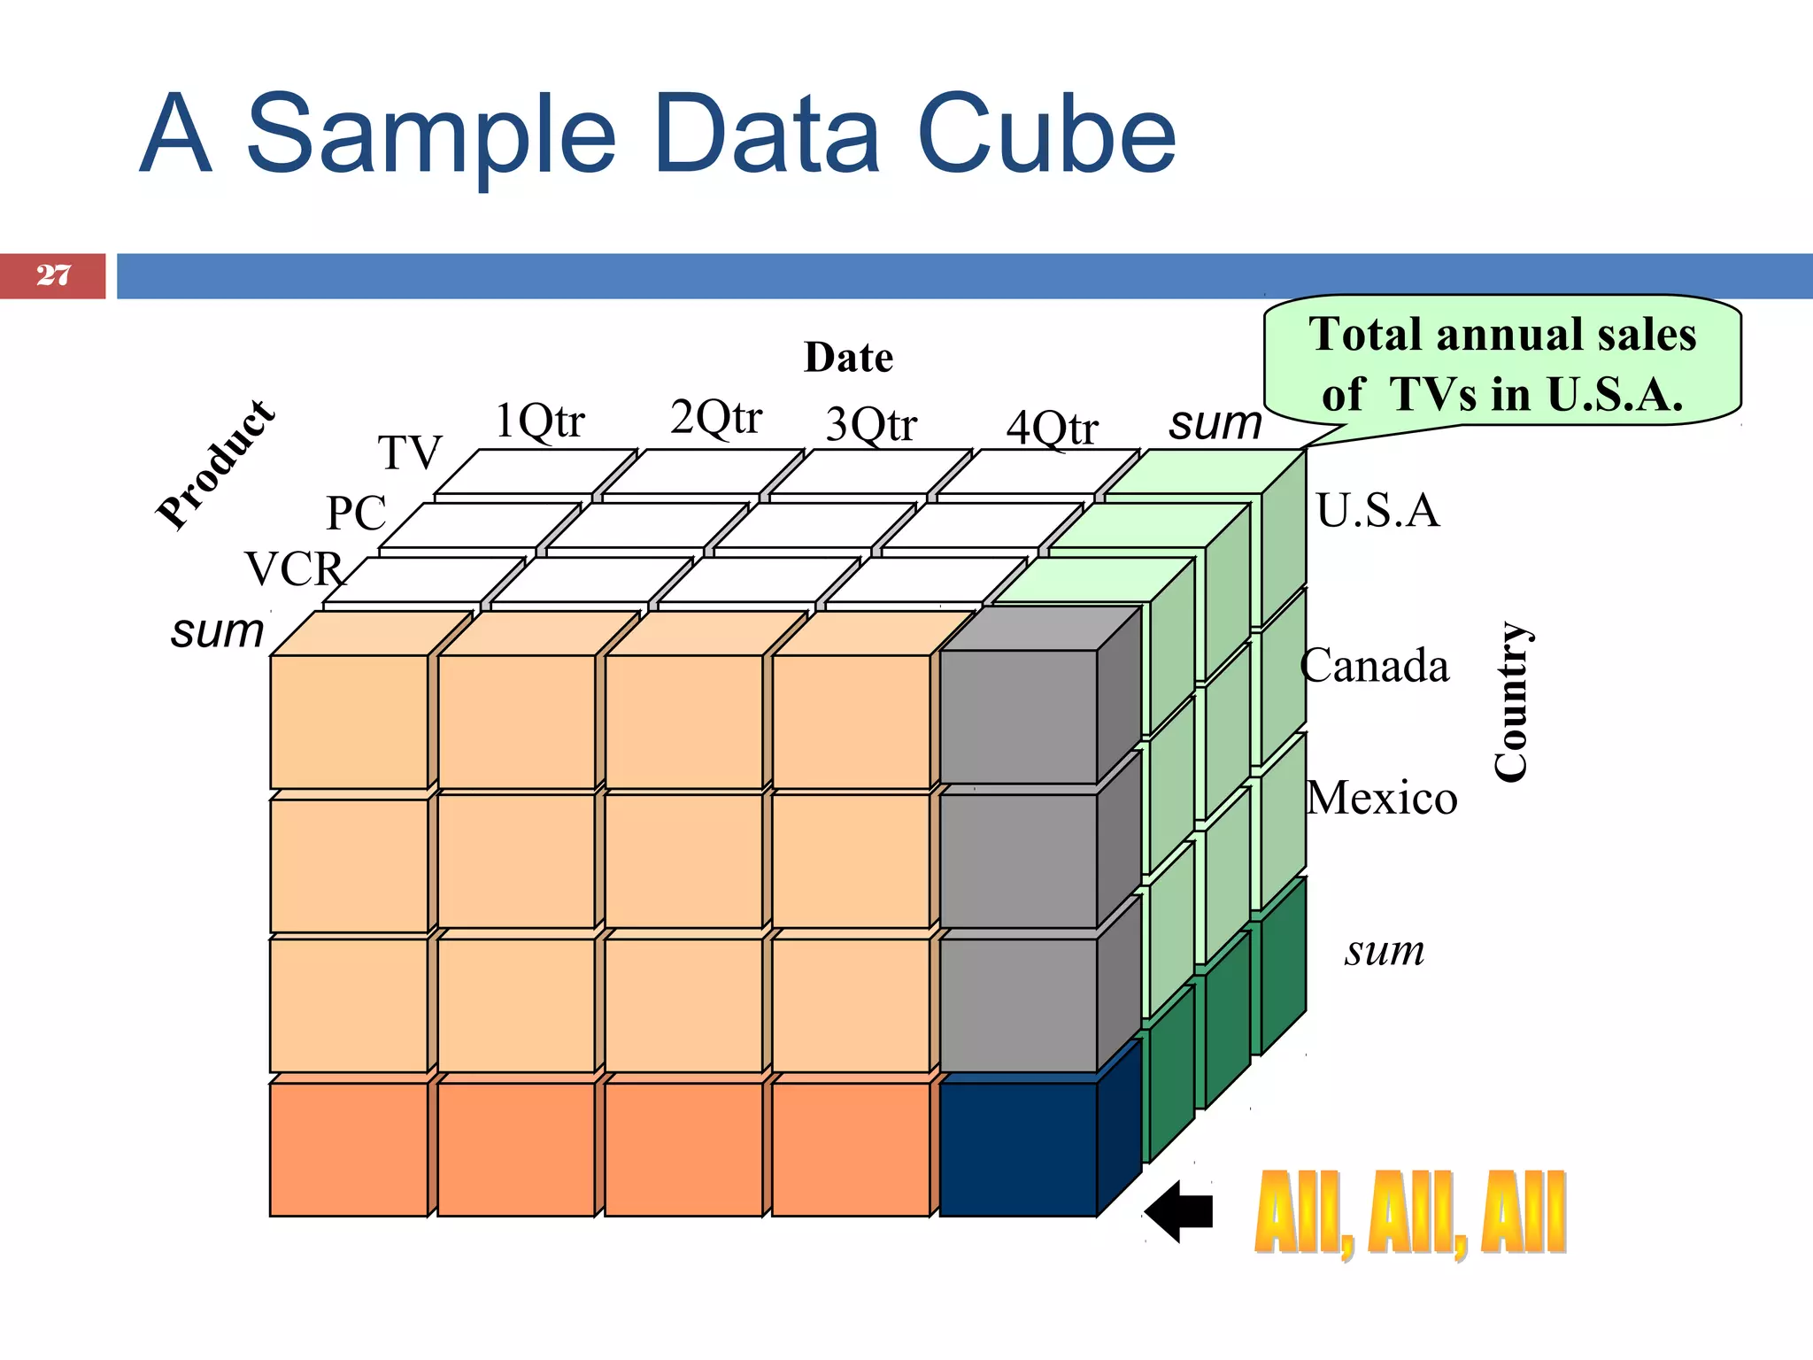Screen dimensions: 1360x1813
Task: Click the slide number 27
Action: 53,275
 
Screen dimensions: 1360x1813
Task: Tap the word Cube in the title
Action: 1046,135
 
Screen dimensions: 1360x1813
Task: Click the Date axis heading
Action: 848,358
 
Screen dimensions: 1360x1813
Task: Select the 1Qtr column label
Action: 539,421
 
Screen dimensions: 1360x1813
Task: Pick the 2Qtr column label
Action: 715,418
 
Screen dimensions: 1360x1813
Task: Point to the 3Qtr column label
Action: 871,425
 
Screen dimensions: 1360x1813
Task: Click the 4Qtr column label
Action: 1052,429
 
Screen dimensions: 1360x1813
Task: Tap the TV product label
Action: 410,453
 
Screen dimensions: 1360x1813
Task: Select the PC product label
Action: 357,513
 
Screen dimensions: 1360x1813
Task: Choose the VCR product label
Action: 294,568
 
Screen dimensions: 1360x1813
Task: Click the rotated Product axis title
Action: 216,465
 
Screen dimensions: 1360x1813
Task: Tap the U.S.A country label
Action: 1377,511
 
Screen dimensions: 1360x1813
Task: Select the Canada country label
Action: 1374,666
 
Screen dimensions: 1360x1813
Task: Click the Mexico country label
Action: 1381,799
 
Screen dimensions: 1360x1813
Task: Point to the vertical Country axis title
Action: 1512,701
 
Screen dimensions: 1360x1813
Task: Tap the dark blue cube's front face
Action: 1018,1149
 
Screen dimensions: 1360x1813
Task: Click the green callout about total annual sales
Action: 1502,364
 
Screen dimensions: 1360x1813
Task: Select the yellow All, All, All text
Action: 1410,1212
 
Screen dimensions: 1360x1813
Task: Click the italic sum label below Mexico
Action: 1385,952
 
